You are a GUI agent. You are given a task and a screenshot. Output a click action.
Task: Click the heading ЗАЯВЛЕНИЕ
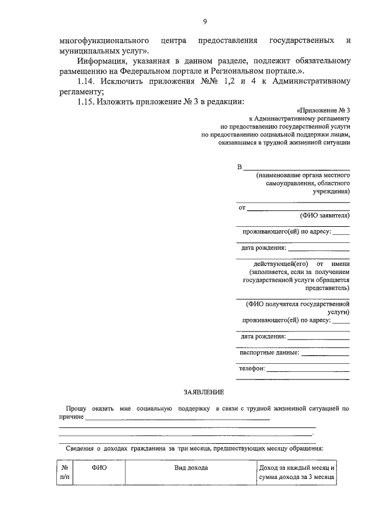tap(204, 392)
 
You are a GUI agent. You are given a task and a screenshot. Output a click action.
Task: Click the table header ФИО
tap(99, 467)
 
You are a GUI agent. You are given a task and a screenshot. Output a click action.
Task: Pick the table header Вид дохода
tap(191, 467)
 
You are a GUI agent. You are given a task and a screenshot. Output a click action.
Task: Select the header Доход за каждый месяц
tap(297, 467)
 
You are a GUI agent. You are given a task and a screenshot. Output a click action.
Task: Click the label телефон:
tap(251, 369)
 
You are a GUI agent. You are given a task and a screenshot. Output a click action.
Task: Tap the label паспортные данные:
tap(269, 352)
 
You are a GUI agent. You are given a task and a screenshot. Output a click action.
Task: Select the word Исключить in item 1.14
tap(130, 81)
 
